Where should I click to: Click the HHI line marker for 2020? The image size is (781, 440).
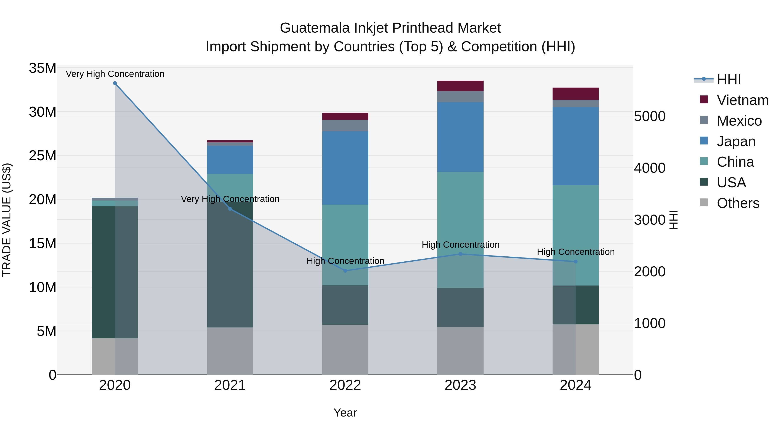[115, 83]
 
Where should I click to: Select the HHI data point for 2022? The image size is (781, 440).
[345, 271]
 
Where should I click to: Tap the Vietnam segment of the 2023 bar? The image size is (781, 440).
[460, 86]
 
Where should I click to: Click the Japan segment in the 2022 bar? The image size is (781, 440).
[345, 168]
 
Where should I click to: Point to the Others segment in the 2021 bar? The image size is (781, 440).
[230, 351]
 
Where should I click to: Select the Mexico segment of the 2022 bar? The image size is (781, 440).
[345, 125]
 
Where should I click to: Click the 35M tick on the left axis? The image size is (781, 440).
[43, 68]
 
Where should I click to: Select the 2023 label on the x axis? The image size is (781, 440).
[460, 385]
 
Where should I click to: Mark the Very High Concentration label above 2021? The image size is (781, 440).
[230, 199]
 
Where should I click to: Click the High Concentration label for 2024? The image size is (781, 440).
[575, 252]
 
